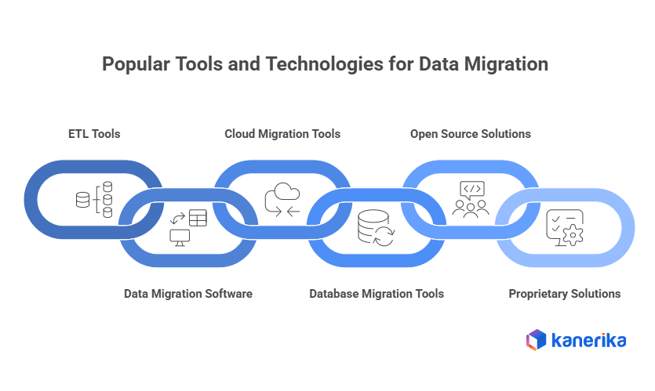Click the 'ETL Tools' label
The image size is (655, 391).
tap(94, 134)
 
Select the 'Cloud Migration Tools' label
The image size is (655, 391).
tap(282, 134)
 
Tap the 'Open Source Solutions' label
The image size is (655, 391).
tap(471, 134)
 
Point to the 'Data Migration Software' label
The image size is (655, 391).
tap(188, 294)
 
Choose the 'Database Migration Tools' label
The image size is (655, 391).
tap(377, 294)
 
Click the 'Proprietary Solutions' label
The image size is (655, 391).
tap(565, 294)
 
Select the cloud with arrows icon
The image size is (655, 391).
tap(282, 200)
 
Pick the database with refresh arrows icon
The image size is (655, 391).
tap(375, 228)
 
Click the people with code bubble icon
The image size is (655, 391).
tap(471, 199)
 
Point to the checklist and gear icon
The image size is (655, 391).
tap(564, 228)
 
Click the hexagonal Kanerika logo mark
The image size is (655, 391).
tap(536, 339)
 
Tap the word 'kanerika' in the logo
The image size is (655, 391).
tap(588, 340)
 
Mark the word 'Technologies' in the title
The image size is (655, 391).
tap(309, 64)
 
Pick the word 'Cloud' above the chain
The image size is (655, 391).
tap(242, 134)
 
